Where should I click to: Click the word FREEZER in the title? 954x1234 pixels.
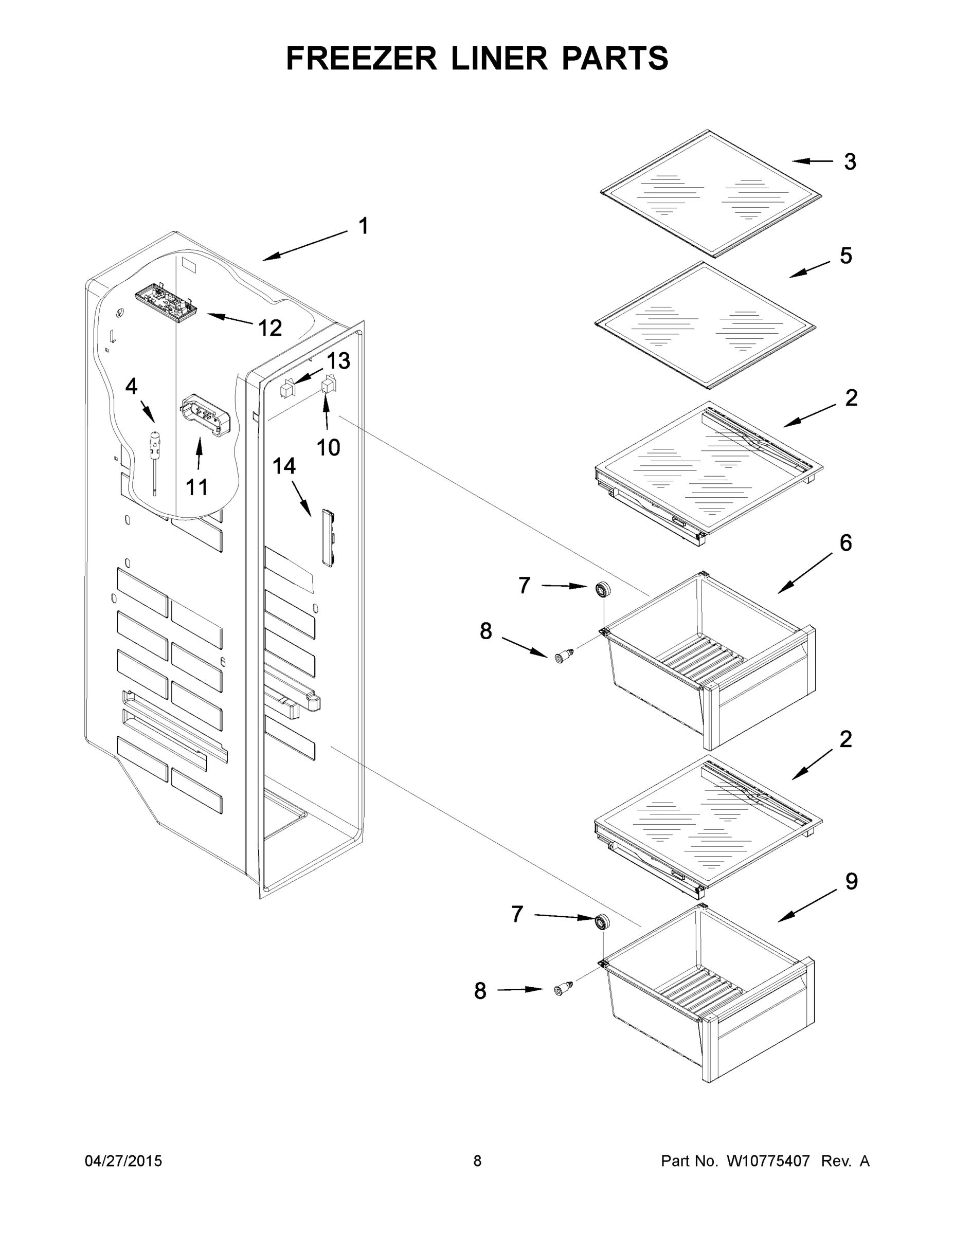361,58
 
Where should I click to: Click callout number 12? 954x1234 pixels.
269,328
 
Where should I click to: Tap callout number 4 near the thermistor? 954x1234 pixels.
131,387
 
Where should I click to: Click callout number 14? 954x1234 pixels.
284,466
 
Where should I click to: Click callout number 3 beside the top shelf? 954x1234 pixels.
850,161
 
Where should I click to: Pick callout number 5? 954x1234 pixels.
845,256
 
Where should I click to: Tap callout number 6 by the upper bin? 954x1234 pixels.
845,542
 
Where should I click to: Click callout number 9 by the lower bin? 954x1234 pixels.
851,881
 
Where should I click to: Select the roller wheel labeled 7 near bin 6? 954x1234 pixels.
603,589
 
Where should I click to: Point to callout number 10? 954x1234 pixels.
328,447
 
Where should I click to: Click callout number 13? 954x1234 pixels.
338,360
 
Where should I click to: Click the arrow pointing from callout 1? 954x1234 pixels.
305,245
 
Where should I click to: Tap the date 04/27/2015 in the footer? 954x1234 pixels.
123,1161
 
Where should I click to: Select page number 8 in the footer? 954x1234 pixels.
478,1161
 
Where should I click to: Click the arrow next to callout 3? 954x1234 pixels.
812,161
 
